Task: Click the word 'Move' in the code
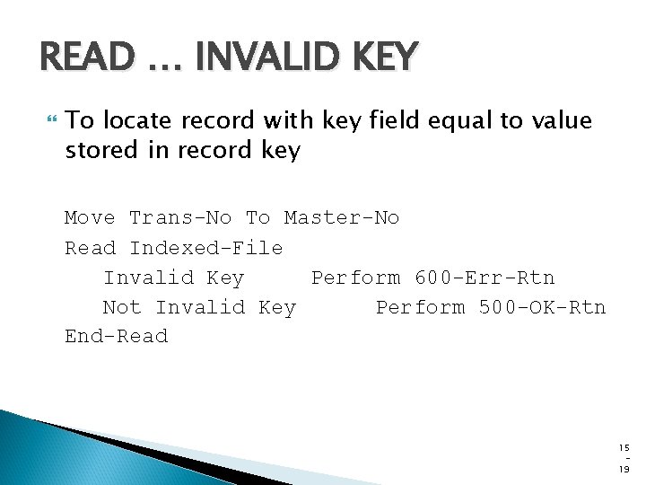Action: pyautogui.click(x=90, y=218)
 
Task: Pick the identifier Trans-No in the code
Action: pyautogui.click(x=180, y=218)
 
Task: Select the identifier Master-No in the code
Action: pyautogui.click(x=342, y=218)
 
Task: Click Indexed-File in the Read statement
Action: pyautogui.click(x=206, y=248)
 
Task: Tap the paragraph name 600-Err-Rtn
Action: pyautogui.click(x=484, y=278)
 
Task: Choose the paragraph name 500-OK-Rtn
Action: pyautogui.click(x=542, y=307)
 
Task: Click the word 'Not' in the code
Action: pyautogui.click(x=122, y=307)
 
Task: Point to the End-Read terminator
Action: pyautogui.click(x=116, y=337)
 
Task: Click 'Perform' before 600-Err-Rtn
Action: pyautogui.click(x=355, y=278)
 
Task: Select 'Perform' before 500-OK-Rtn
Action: pyautogui.click(x=420, y=307)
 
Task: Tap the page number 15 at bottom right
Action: pyautogui.click(x=624, y=447)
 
